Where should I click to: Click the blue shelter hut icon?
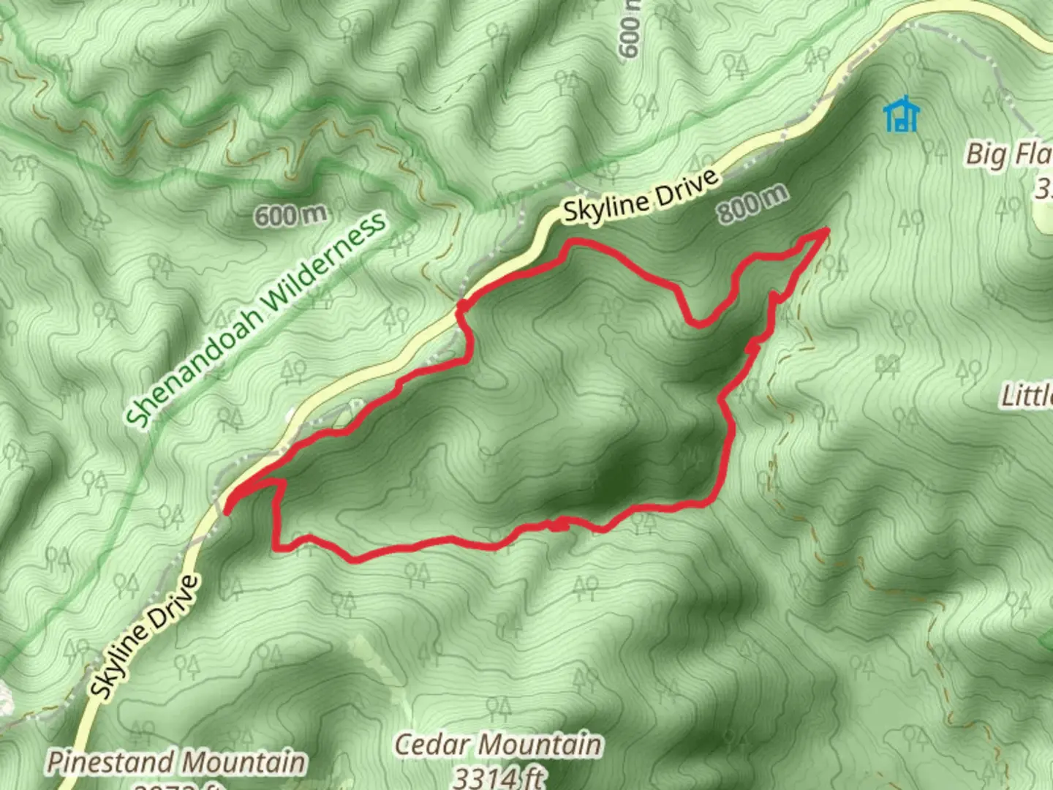901,115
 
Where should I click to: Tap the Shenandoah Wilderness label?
255,320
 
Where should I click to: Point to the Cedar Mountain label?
498,745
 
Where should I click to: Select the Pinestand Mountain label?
176,762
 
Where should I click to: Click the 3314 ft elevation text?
498,777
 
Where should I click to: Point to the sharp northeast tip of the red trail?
827,230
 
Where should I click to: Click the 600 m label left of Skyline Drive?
290,215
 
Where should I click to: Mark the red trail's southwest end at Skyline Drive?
227,511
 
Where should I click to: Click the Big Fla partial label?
1008,154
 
